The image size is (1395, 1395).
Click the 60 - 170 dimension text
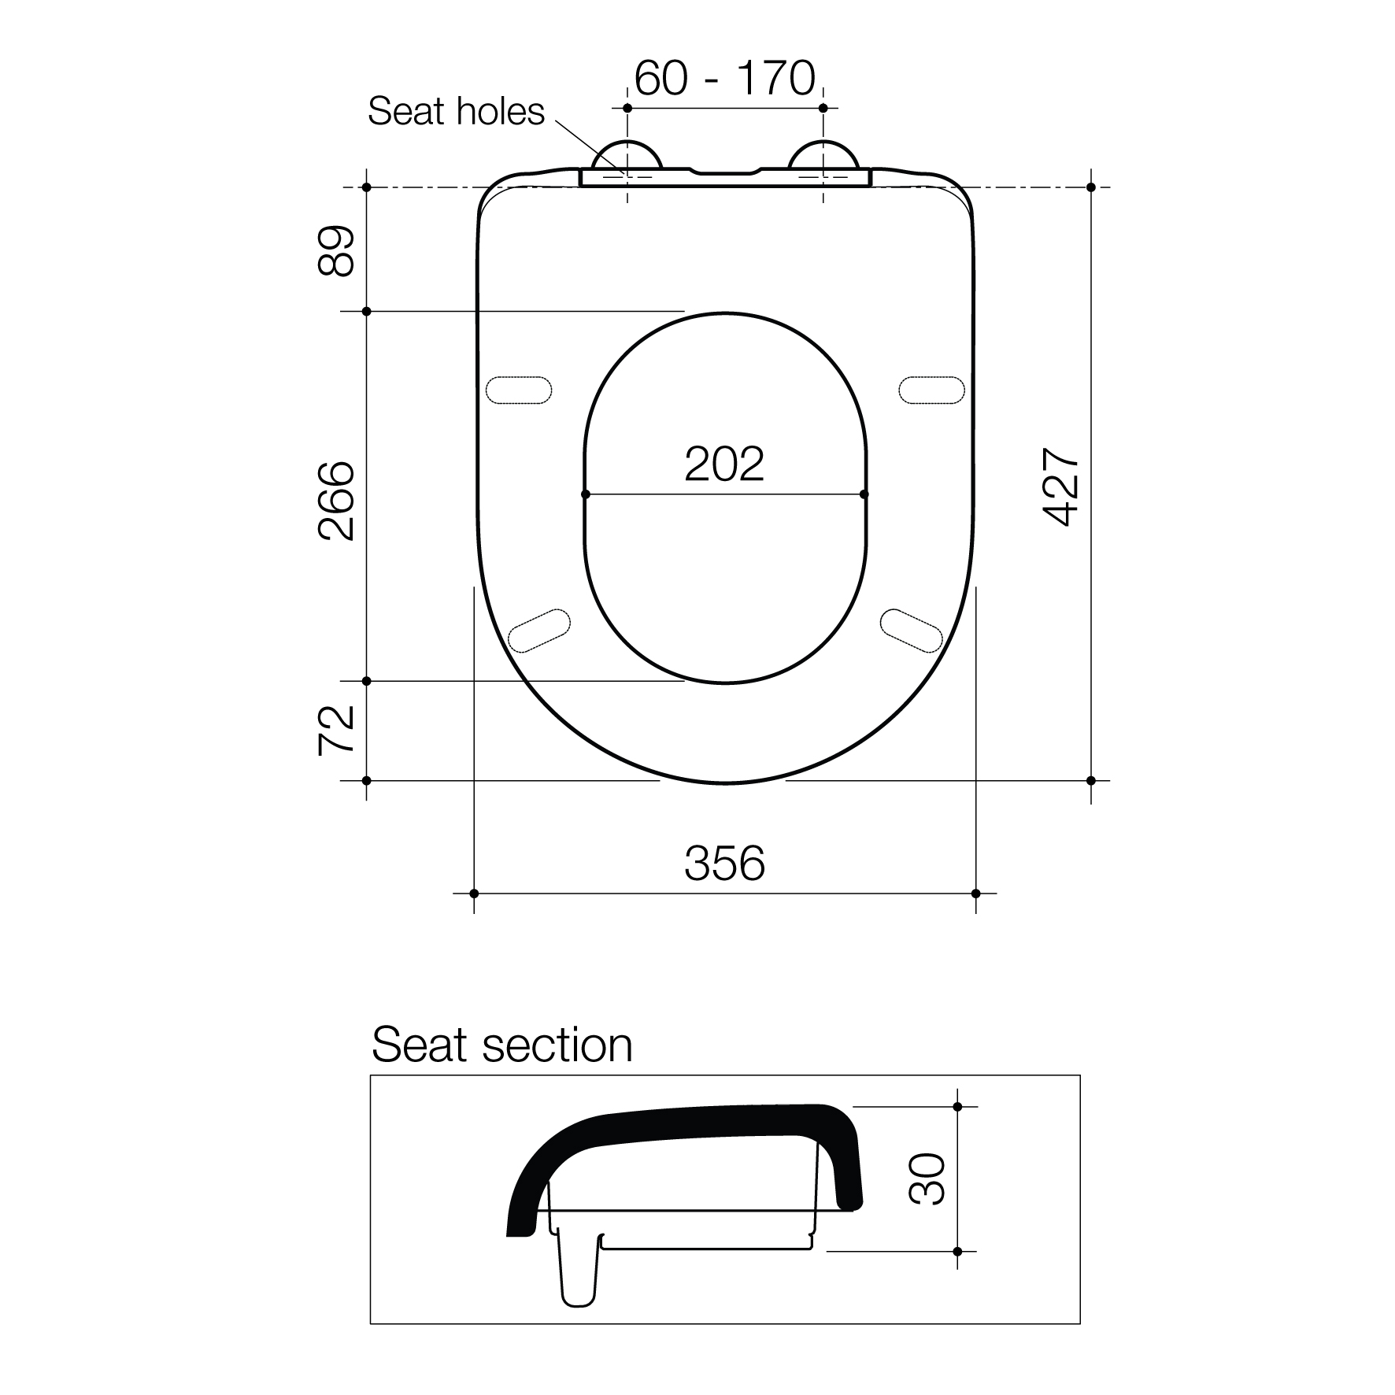(724, 79)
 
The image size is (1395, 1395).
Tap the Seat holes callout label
(456, 112)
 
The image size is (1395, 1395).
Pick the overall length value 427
(1060, 487)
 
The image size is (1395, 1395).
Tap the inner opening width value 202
(724, 464)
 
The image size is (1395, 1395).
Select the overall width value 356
(724, 863)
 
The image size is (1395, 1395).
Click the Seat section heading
(502, 1045)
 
